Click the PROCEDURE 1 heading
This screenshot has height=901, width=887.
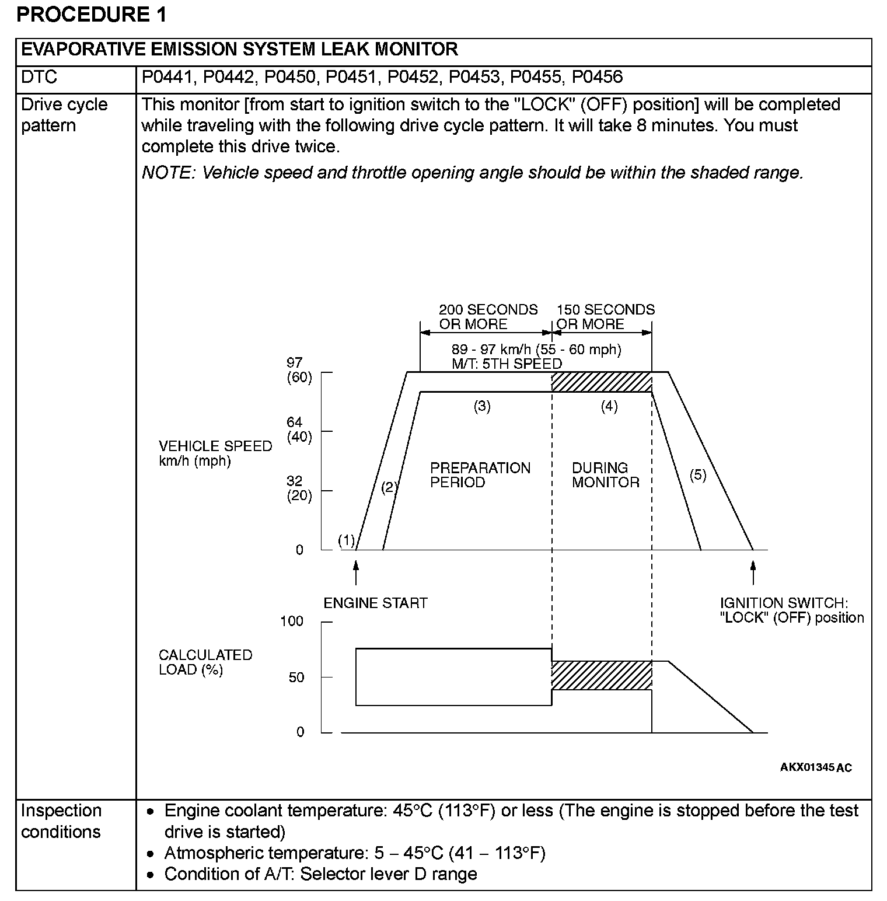tap(92, 14)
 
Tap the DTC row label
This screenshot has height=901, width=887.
tap(39, 77)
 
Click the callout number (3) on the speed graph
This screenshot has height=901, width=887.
tap(482, 407)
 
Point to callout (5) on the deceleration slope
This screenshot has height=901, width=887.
tap(697, 475)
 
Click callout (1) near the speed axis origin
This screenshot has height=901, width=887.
tap(347, 541)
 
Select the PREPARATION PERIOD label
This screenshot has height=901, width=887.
tap(480, 475)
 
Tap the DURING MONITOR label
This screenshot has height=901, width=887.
tap(605, 475)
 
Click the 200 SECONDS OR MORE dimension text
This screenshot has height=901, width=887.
tap(488, 317)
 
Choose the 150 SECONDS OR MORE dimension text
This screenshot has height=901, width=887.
tap(605, 317)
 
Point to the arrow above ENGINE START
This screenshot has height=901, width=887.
tap(356, 572)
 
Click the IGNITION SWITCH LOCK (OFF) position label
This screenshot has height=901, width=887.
tap(791, 610)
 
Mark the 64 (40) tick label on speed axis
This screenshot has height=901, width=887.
tap(299, 429)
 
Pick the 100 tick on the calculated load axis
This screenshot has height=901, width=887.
tap(292, 621)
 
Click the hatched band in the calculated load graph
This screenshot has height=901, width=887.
tap(602, 676)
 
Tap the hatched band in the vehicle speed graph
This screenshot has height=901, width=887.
tap(602, 382)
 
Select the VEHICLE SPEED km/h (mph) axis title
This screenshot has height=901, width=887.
tap(215, 453)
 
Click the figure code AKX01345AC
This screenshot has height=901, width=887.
tap(816, 767)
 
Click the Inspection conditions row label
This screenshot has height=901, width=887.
tap(61, 821)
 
